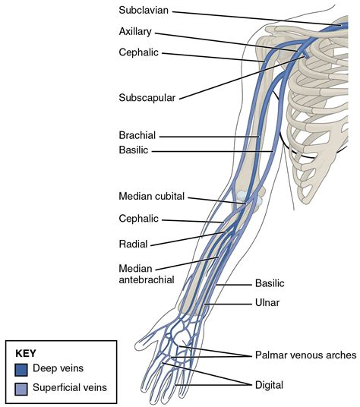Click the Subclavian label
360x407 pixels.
pos(144,11)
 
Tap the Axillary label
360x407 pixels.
pos(136,33)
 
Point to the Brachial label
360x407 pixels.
pos(137,135)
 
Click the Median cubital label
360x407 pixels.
pos(152,196)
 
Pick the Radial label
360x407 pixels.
pos(133,244)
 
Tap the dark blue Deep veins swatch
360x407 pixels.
pos(21,369)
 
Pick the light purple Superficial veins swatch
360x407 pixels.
pos(21,388)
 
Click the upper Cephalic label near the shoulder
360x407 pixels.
pos(139,52)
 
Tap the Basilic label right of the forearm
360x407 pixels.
pos(270,282)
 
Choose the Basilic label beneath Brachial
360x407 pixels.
pos(134,150)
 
